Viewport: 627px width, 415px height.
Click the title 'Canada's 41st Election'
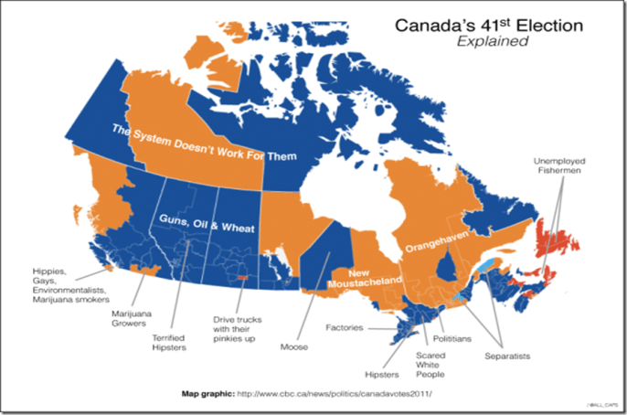[487, 26]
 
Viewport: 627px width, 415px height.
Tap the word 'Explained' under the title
[487, 42]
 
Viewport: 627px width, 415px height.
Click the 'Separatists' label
[506, 355]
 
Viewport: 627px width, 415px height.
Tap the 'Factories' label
[346, 326]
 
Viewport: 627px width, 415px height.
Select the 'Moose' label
[294, 347]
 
